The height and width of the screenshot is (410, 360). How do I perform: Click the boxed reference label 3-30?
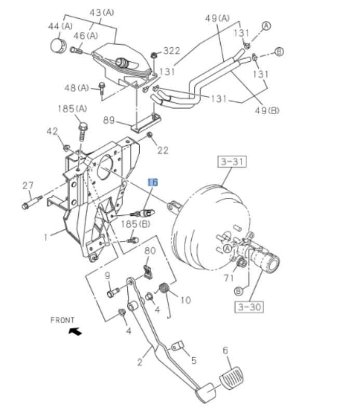coord(248,307)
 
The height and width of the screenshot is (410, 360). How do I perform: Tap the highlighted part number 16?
coord(153,182)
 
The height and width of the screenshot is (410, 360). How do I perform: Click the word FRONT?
coord(62,320)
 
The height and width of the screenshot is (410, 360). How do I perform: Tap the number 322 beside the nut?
coord(171,51)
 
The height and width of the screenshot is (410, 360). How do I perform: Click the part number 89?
coord(109,120)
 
